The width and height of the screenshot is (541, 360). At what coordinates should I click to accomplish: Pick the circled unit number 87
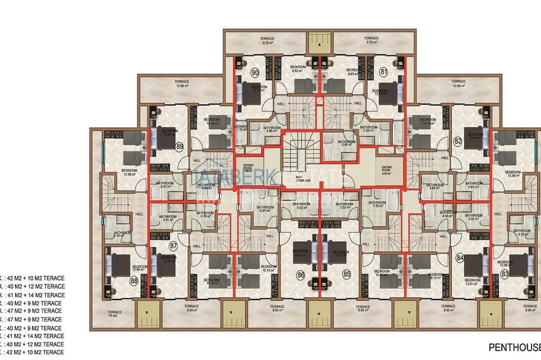click(172, 245)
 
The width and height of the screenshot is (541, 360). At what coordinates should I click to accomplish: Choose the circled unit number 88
click(134, 280)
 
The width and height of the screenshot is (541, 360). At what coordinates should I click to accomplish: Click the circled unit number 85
click(347, 274)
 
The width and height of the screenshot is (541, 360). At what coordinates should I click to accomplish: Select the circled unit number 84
click(459, 258)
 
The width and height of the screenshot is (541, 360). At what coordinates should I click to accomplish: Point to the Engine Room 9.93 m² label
click(386, 170)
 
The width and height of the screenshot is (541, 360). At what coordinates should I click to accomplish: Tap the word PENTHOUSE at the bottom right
click(514, 347)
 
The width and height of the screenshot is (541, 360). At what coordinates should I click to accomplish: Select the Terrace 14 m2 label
click(114, 314)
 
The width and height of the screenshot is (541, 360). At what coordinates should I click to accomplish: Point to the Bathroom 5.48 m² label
click(346, 143)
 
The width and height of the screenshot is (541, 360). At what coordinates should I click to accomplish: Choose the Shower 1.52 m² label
click(241, 127)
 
